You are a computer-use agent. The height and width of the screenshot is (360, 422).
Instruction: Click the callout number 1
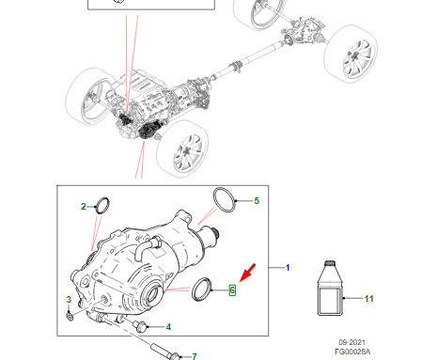[288, 268]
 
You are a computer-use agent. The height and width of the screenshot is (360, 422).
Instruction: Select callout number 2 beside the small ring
[83, 207]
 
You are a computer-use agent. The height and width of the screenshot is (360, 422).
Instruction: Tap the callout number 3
[69, 300]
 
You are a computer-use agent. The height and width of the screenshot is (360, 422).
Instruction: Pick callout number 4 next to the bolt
[168, 327]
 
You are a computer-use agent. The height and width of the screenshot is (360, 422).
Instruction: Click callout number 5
[257, 201]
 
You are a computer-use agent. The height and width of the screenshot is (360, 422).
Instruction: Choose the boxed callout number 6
[232, 290]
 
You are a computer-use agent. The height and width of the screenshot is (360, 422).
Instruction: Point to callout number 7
[195, 356]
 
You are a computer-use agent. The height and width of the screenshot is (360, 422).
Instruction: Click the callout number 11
[368, 299]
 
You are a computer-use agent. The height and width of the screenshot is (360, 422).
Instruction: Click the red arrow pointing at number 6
[248, 273]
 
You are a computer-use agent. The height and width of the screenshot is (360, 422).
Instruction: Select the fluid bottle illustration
[331, 288]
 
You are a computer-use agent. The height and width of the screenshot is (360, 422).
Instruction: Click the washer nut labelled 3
[70, 317]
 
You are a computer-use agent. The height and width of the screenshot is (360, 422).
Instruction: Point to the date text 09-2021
[352, 342]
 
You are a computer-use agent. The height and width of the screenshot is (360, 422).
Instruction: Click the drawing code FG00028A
[352, 352]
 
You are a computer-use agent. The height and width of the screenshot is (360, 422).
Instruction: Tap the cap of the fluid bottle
[329, 263]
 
